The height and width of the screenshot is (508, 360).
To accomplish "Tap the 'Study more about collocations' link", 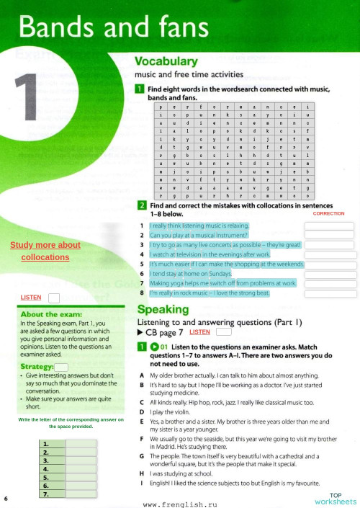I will point(45,251).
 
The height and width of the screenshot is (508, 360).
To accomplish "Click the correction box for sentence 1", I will point(329,226).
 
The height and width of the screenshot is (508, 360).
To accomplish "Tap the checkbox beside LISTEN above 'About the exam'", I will point(53,298).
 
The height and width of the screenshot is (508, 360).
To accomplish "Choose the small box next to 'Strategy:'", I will point(61,367).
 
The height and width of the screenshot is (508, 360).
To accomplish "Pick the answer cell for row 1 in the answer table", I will point(81,444).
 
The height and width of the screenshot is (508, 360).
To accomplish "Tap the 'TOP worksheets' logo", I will point(335,498).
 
